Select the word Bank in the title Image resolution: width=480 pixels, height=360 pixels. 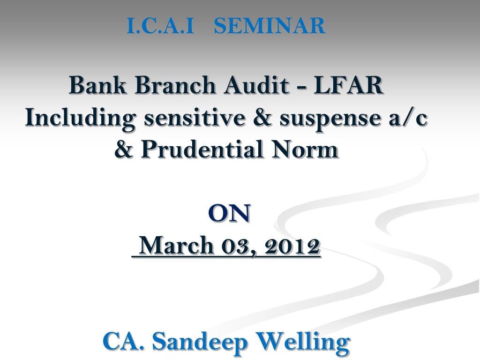(x=97, y=85)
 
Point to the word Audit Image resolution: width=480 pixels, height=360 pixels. (x=256, y=85)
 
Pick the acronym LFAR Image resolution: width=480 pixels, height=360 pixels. (x=348, y=85)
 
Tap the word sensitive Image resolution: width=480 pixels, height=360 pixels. (x=195, y=118)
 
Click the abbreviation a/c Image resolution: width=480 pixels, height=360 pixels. (x=408, y=118)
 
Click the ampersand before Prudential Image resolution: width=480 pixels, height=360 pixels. (x=124, y=149)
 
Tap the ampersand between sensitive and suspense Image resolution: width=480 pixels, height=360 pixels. (x=262, y=117)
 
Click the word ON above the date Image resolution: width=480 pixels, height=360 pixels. (x=229, y=213)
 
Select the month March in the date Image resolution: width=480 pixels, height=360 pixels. (x=176, y=245)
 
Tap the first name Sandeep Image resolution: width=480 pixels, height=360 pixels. (x=200, y=341)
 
